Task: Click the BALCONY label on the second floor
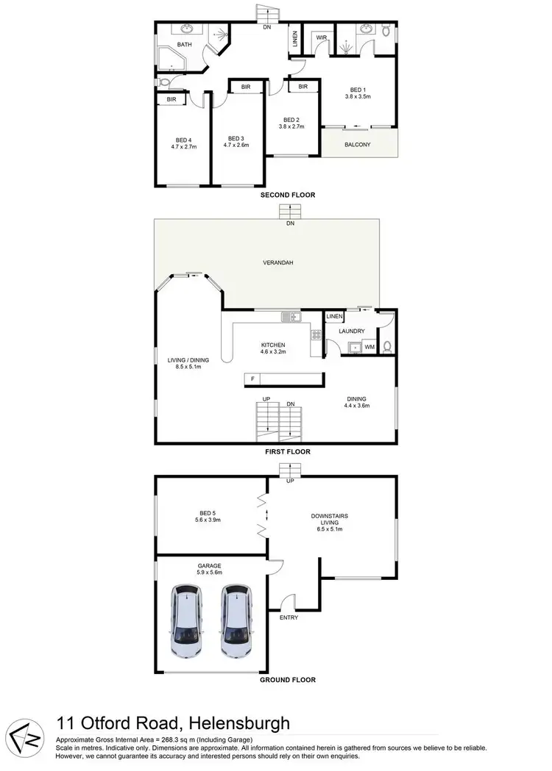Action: tap(358, 144)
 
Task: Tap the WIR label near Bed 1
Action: tap(322, 37)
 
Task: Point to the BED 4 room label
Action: tap(183, 140)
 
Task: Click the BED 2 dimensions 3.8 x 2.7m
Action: tap(291, 126)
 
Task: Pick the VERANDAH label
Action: tap(274, 262)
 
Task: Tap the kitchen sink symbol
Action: tap(291, 317)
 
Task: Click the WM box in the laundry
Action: tap(369, 346)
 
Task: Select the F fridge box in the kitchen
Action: tap(253, 379)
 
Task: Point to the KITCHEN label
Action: tap(272, 345)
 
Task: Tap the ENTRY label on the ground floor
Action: tap(289, 617)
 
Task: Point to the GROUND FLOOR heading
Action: tap(288, 680)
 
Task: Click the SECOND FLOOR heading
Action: tap(288, 195)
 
